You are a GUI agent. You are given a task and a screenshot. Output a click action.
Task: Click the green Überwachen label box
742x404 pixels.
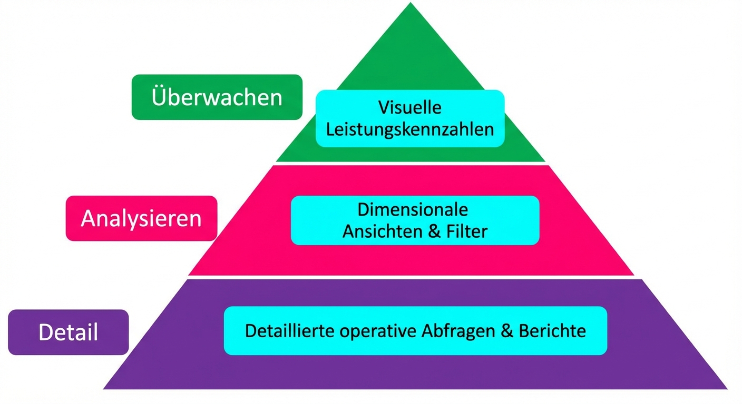point(217,97)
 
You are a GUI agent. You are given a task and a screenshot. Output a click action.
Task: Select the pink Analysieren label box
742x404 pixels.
point(141,218)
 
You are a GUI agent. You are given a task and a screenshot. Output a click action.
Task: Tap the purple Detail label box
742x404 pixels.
point(69,332)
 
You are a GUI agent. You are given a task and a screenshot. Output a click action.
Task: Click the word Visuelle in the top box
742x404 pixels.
point(410,108)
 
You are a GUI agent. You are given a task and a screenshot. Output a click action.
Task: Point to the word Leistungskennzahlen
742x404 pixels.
point(410,129)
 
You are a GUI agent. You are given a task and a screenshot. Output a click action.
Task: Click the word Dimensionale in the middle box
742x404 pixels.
point(413,209)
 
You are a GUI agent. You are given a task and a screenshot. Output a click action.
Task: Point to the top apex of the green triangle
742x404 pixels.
point(411,4)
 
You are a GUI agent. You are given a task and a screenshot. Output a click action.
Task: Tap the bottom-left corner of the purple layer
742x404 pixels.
point(104,388)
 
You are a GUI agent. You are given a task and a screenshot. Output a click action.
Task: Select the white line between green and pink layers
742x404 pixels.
point(411,163)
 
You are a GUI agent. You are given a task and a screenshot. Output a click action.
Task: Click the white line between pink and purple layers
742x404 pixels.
point(411,277)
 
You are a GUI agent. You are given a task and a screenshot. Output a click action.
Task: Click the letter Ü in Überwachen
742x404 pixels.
point(159,97)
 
